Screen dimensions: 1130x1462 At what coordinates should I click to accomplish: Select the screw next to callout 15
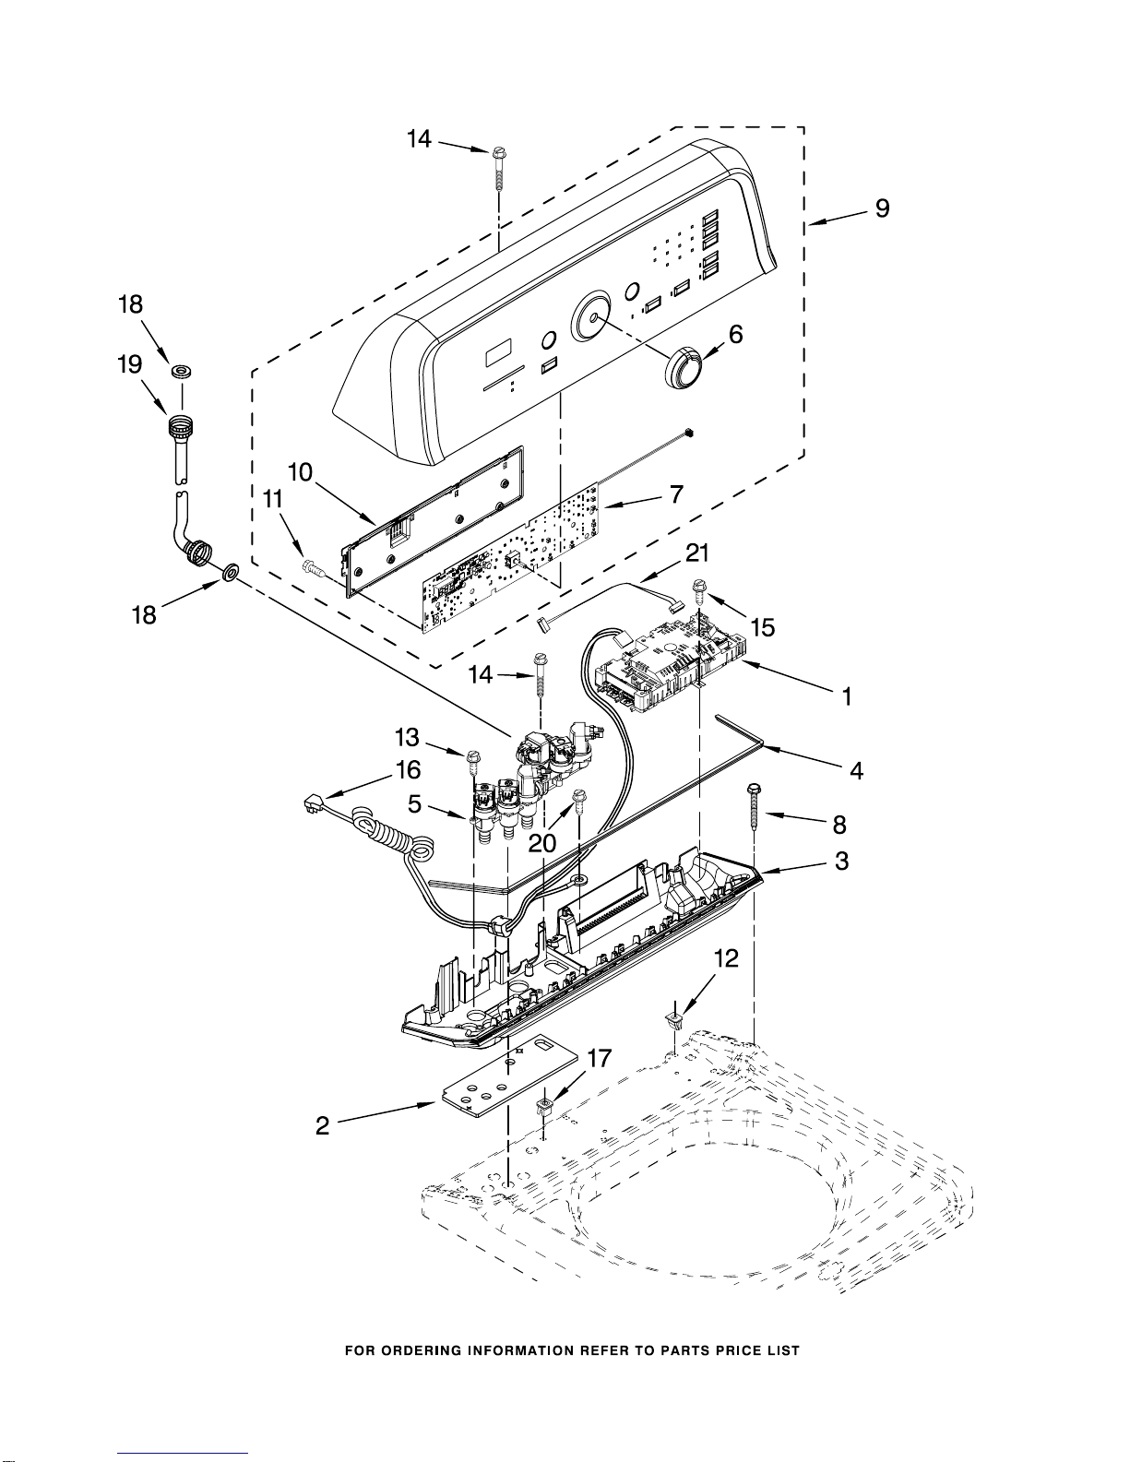pos(699,593)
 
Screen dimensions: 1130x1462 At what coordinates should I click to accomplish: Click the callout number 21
pos(697,553)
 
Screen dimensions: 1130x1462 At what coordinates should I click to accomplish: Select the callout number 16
pos(409,770)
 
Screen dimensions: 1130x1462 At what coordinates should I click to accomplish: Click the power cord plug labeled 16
pos(313,803)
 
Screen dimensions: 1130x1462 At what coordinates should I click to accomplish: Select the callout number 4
pos(856,769)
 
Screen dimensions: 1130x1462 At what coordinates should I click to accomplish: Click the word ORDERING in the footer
pos(421,1349)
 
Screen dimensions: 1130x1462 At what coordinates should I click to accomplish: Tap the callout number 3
pos(842,861)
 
